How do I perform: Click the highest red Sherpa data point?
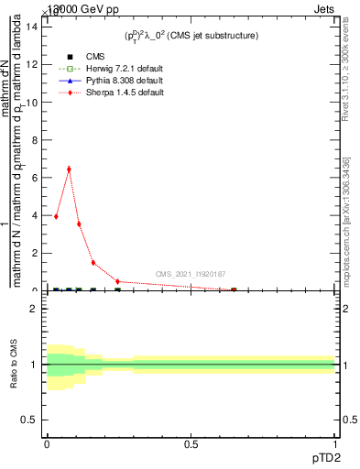tap(69, 169)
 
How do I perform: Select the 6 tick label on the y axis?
tap(33, 178)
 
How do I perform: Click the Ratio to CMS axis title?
tap(14, 365)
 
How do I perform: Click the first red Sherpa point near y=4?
tap(56, 216)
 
